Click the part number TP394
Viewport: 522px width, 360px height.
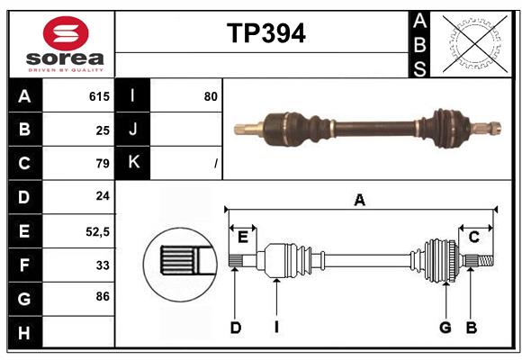tap(265, 33)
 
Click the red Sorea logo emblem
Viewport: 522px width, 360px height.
tap(66, 35)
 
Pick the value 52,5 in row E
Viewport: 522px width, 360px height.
tap(97, 231)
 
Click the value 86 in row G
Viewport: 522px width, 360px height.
tap(102, 296)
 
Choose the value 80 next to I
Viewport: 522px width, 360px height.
tap(211, 96)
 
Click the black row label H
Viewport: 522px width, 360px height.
tap(24, 332)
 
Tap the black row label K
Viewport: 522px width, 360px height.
tap(133, 163)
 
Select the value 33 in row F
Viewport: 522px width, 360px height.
tap(102, 265)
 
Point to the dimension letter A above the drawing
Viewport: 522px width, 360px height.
tap(360, 201)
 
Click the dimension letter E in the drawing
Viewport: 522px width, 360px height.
tap(243, 237)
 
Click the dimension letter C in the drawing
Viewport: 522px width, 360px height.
tap(474, 237)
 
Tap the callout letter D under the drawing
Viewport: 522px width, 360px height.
tap(235, 328)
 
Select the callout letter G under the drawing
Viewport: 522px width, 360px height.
tap(445, 328)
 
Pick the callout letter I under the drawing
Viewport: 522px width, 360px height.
tap(277, 328)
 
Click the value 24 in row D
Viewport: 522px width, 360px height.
tap(102, 196)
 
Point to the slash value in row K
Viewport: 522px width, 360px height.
tap(215, 163)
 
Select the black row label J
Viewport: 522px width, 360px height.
tap(133, 130)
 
